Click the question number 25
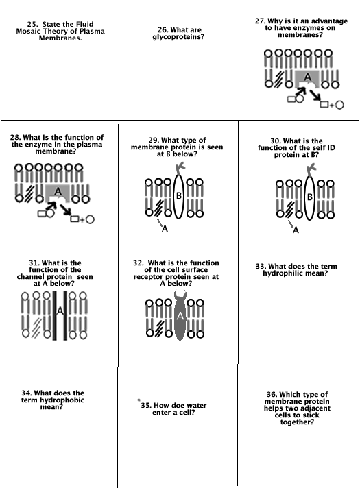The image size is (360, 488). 32,24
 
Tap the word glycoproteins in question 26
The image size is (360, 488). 178,37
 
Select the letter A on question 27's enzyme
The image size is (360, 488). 307,77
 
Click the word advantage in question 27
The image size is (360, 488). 329,21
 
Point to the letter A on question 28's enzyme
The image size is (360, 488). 58,191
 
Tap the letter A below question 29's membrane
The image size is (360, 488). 165,229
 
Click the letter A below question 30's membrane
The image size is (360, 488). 296,230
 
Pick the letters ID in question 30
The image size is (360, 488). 331,148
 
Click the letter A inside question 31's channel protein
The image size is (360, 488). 60,310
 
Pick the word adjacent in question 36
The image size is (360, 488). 316,408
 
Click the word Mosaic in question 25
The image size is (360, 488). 27,31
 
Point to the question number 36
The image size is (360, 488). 272,395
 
